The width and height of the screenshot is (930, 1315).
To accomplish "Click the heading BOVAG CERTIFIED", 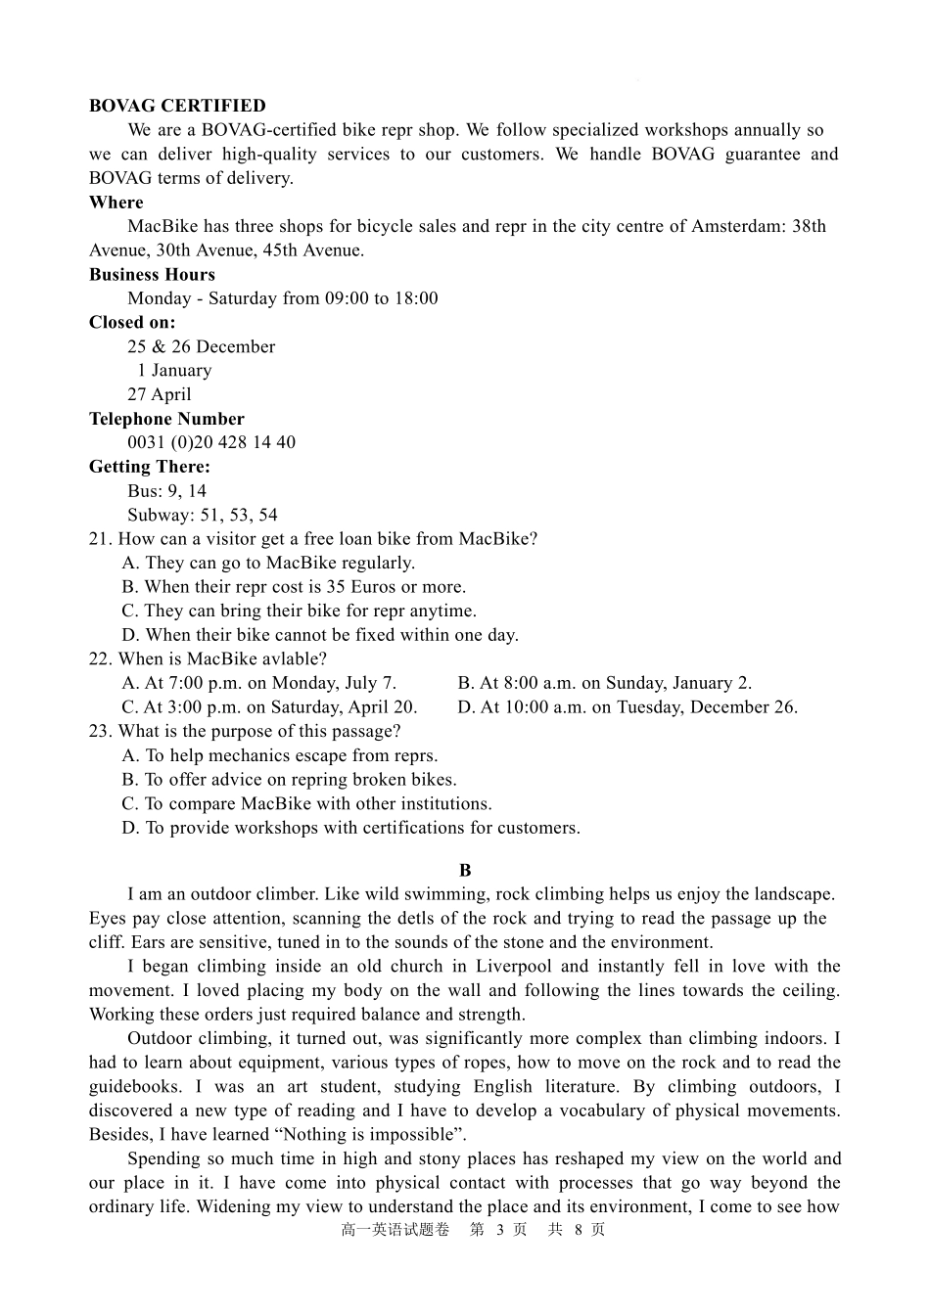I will tap(176, 106).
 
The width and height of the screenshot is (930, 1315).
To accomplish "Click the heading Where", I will tap(116, 203).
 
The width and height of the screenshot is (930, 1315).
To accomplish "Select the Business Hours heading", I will tap(152, 275).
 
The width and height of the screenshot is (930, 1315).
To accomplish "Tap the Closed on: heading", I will tap(132, 323).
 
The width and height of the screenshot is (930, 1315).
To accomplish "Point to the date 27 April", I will tap(159, 394).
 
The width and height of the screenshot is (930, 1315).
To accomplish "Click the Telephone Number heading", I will tap(166, 419).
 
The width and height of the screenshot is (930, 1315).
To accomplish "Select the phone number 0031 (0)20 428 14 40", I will tap(210, 442).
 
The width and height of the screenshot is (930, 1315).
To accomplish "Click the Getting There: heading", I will tap(149, 467).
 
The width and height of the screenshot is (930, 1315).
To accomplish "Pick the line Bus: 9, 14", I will tap(166, 491).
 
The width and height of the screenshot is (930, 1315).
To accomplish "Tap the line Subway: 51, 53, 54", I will tap(202, 515).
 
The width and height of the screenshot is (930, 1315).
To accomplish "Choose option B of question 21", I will tap(294, 587).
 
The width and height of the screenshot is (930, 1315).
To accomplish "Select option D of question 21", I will tap(320, 635).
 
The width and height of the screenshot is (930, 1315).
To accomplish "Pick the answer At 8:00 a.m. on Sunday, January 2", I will tap(604, 683).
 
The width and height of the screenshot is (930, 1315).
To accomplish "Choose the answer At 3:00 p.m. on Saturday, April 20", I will tap(269, 707).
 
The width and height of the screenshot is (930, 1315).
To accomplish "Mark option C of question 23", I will tap(306, 804).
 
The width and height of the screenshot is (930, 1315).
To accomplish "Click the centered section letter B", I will tap(465, 871).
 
